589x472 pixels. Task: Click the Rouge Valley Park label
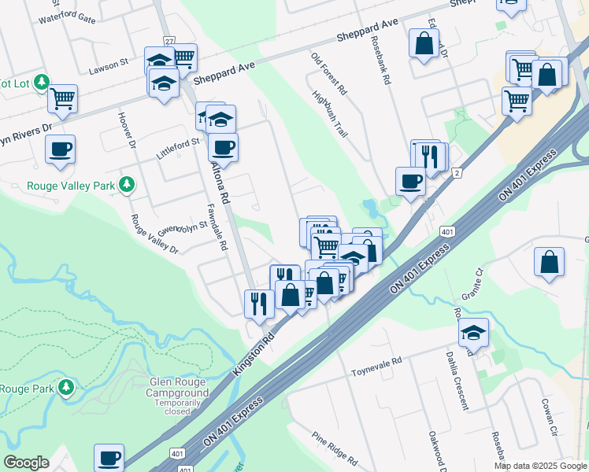coord(71,186)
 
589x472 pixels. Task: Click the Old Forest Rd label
coord(328,75)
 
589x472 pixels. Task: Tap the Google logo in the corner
coord(26,463)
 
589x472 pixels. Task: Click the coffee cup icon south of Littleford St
coord(223,148)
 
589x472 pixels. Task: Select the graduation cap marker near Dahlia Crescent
coord(473,333)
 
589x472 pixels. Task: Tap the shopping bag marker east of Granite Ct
coord(549,262)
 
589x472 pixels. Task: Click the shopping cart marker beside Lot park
coord(62,100)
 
